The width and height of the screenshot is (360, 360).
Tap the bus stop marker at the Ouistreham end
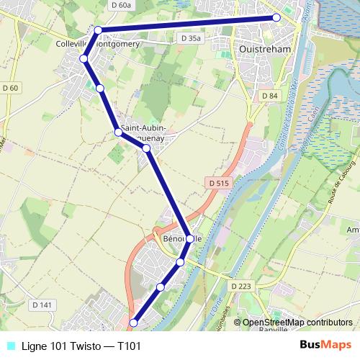coord(276,18)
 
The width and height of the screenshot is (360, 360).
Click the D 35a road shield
coord(192,37)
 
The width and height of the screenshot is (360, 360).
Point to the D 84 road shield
coord(269,96)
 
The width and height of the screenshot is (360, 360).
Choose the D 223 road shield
coord(241,286)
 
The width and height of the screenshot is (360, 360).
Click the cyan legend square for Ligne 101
coord(9,346)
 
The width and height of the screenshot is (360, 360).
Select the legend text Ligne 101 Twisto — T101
coord(81,346)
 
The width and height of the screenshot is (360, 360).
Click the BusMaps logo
coord(325,345)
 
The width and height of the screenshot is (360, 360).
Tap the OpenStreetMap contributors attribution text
coord(297,323)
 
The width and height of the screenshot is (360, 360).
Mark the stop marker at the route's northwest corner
coord(98,30)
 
